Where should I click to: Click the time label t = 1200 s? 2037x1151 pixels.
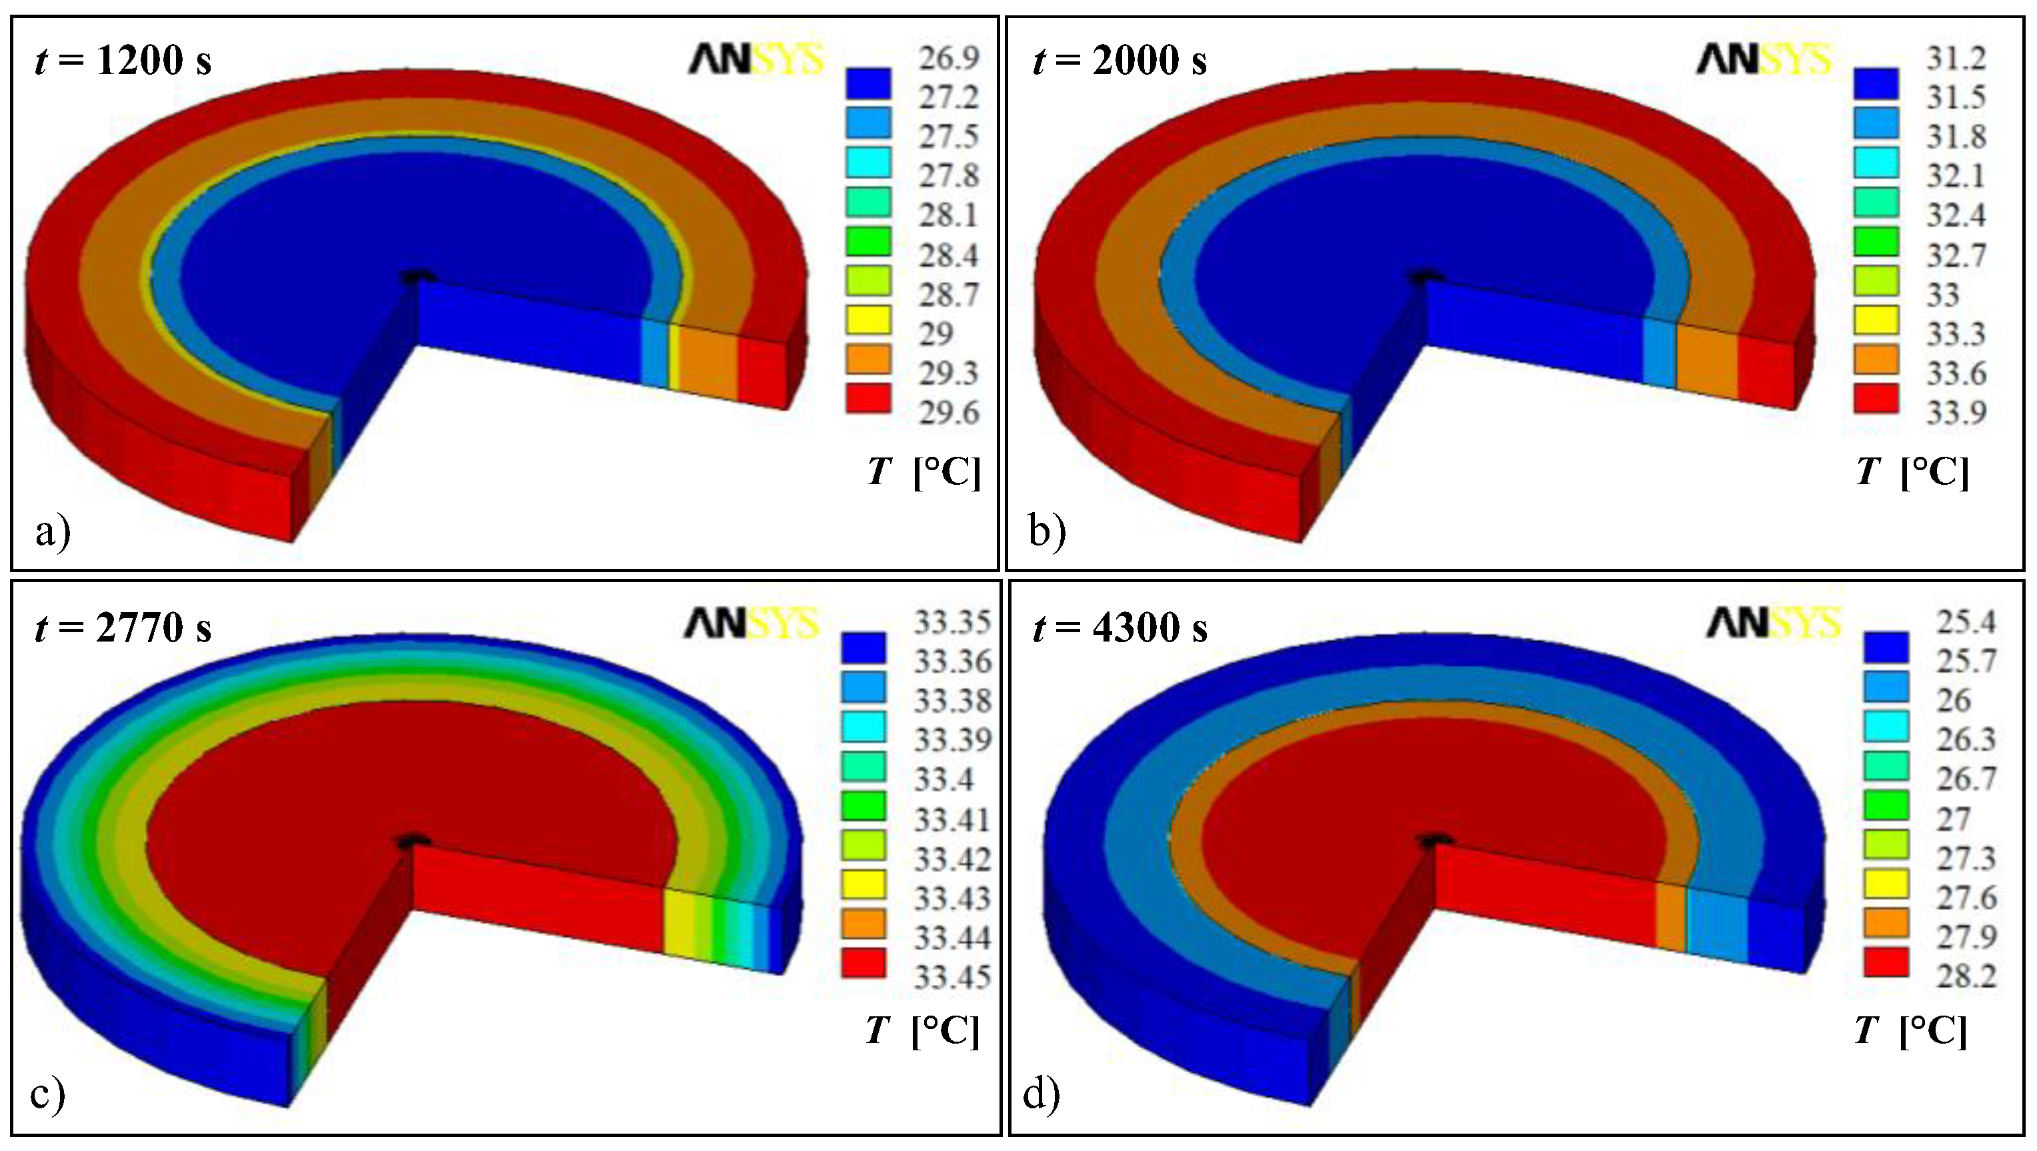tap(123, 60)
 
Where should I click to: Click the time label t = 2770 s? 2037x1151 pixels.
tap(123, 628)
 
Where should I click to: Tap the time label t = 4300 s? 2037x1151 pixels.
tap(1120, 628)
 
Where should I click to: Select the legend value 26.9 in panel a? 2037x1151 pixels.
tap(948, 58)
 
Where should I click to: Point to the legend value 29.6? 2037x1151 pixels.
tap(948, 413)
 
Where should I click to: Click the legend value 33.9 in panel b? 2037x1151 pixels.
tap(1956, 413)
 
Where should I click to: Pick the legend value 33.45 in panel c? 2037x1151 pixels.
tap(952, 978)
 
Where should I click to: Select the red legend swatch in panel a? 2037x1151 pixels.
tap(868, 399)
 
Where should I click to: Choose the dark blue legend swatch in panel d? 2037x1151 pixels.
tap(1886, 647)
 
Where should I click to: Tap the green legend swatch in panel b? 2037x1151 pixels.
tap(1876, 241)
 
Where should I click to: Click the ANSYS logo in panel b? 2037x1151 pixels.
tap(1764, 59)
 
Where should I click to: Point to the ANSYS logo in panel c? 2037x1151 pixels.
tap(751, 624)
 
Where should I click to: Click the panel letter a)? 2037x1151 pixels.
tap(53, 531)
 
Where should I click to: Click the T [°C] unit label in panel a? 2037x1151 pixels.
tap(923, 472)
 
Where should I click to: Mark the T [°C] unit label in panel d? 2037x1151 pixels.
tap(1910, 1031)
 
